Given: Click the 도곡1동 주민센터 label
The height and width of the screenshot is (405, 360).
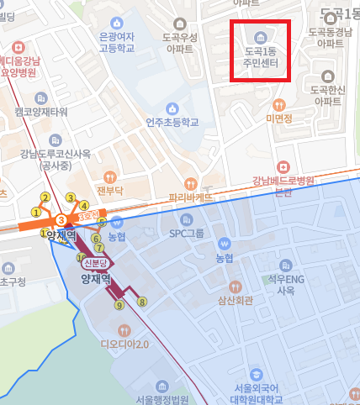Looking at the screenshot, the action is pos(260,56).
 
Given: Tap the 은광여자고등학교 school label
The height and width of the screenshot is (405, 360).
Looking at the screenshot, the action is pos(116,43).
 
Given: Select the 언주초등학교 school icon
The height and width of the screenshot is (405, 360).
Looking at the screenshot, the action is pos(172,108).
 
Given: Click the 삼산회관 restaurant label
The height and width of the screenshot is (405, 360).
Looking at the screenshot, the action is pos(227,298).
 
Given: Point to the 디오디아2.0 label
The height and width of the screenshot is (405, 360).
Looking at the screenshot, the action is pos(124,343).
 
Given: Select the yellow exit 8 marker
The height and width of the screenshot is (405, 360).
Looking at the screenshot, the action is pos(142,302).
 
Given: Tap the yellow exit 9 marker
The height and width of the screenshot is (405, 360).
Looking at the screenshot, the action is pos(119,306).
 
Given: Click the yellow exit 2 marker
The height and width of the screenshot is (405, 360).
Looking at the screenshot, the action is pos(45,197).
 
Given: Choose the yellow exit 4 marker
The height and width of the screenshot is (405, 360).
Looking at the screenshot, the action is pos(84,205).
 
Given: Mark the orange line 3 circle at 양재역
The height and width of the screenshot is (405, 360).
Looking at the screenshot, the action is pos(61,220).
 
